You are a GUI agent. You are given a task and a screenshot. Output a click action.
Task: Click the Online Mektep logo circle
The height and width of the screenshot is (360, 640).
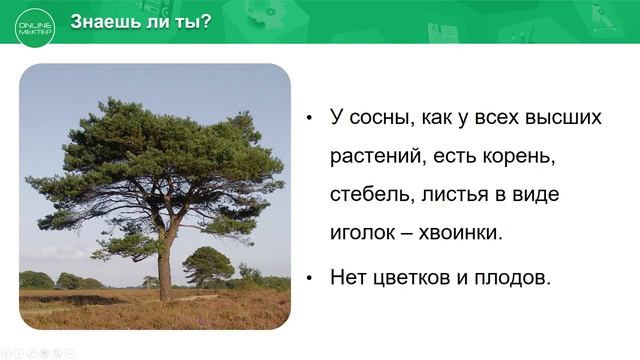coord(35,24)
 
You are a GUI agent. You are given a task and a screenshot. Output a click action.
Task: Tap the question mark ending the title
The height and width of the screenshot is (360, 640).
coord(206,21)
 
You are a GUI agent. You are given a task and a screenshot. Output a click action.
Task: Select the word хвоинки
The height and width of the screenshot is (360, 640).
coord(460,232)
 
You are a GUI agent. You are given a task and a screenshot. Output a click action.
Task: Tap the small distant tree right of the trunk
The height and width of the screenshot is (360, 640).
coord(208,265)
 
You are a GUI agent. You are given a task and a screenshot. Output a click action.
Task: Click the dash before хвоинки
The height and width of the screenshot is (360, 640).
coord(409,233)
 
